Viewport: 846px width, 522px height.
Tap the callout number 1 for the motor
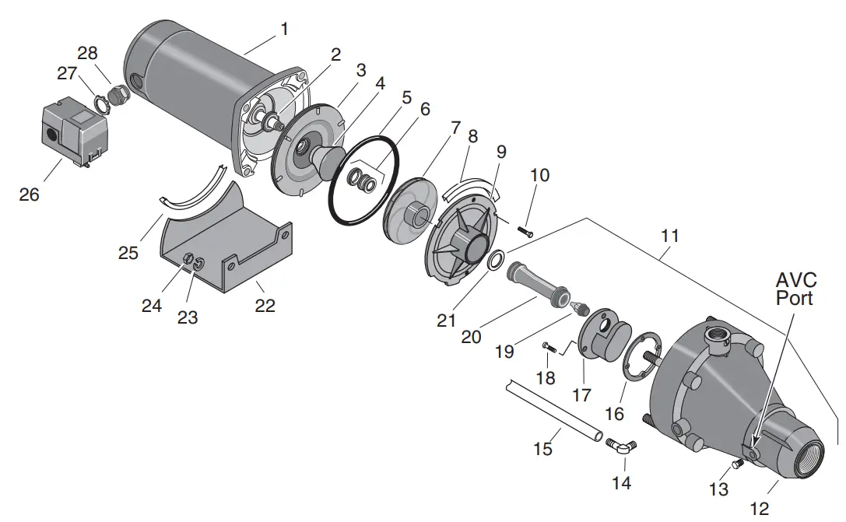pos(284,30)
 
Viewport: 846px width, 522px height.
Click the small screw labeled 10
pos(525,229)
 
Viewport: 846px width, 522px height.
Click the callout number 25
pos(128,253)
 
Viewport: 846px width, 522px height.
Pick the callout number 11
pos(669,235)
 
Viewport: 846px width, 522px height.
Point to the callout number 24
pos(152,305)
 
